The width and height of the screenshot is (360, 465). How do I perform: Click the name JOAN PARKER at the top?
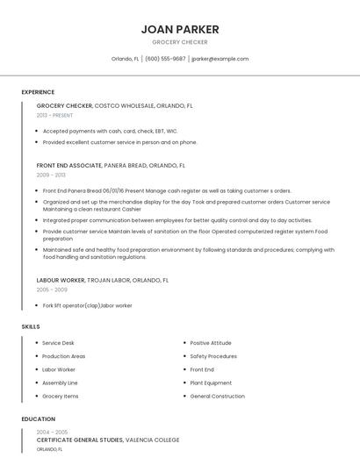(x=180, y=30)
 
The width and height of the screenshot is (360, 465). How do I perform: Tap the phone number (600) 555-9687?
(x=165, y=59)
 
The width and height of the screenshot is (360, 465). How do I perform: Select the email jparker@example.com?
(x=220, y=59)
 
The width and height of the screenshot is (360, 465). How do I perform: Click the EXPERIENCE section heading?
(x=38, y=92)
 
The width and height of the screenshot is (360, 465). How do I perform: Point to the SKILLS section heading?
(x=31, y=326)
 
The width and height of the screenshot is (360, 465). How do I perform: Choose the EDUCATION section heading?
(x=39, y=419)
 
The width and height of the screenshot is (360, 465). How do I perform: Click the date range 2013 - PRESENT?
(x=54, y=115)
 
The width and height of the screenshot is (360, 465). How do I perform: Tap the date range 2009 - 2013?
(x=51, y=175)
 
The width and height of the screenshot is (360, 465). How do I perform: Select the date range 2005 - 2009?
(x=52, y=290)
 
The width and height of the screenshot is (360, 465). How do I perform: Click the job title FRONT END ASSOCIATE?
(x=69, y=165)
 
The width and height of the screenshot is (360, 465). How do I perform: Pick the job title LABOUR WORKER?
(x=61, y=280)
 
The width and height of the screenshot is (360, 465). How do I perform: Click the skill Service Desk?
(x=58, y=343)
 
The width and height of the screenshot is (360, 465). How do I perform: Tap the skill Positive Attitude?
(x=211, y=343)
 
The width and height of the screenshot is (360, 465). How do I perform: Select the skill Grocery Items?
(x=61, y=396)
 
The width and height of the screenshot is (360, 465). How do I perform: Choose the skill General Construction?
(x=217, y=396)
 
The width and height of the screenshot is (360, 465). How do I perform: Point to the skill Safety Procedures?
(x=213, y=356)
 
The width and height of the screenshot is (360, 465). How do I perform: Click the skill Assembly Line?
(x=60, y=383)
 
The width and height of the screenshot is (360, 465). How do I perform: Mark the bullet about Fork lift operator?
(x=87, y=305)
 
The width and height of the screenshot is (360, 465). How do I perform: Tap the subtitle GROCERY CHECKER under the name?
(x=180, y=42)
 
